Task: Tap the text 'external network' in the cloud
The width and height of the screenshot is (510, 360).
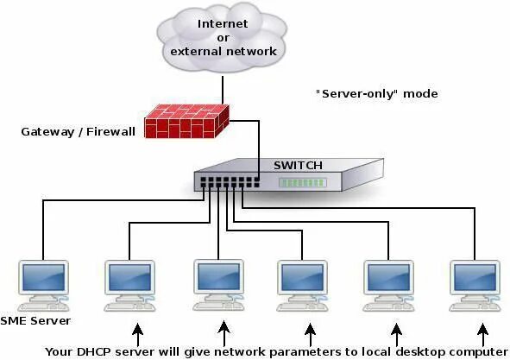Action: [x=223, y=51]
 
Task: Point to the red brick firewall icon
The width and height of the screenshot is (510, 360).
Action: [x=187, y=122]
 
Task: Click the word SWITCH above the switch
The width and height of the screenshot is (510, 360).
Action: [x=298, y=165]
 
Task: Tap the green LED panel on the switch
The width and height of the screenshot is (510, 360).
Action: [x=302, y=183]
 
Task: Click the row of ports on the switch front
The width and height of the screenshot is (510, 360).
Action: [x=229, y=183]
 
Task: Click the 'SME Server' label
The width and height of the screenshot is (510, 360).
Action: [x=35, y=320]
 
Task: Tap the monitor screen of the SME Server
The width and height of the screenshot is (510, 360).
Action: [x=43, y=278]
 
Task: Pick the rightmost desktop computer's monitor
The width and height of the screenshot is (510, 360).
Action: [x=475, y=278]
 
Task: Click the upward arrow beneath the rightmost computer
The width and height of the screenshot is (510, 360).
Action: [x=482, y=332]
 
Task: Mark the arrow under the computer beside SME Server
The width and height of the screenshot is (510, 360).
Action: [x=136, y=332]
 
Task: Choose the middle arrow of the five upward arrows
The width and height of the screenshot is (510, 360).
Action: [x=310, y=332]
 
